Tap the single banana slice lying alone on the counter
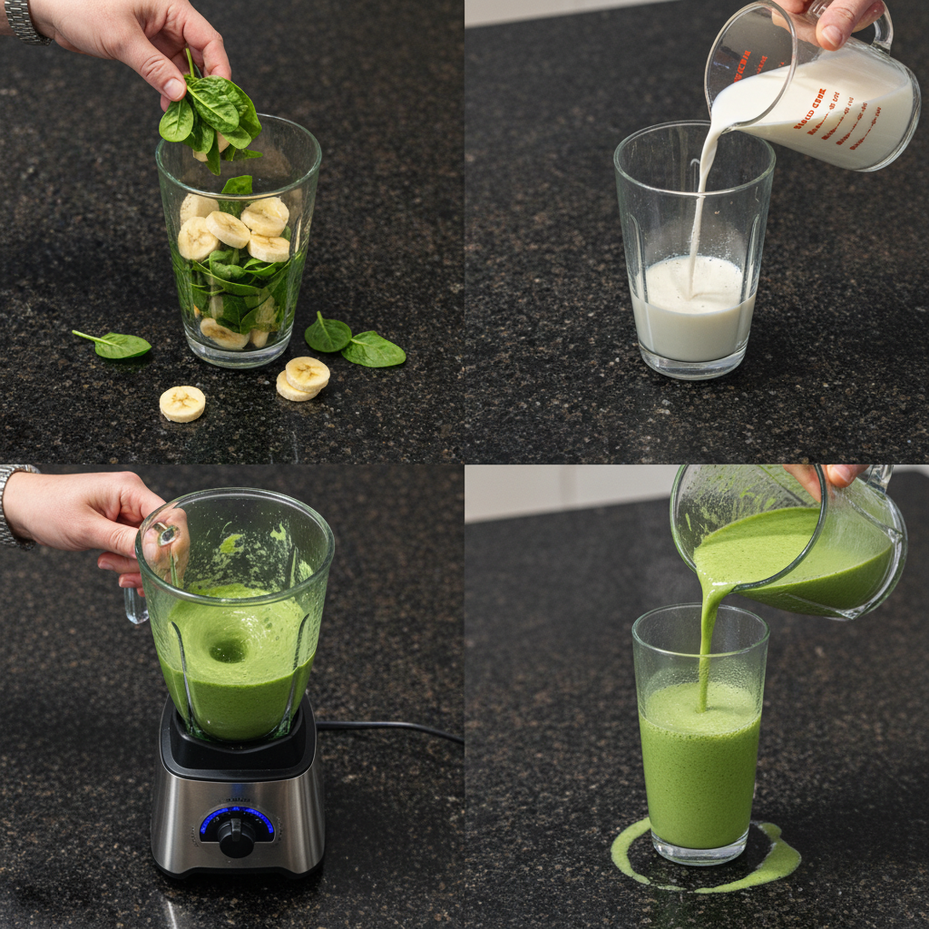(x=182, y=404)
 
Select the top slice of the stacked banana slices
(x=308, y=372)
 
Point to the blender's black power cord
(x=390, y=726)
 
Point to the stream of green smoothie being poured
(x=707, y=635)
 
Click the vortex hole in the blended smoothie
(x=227, y=650)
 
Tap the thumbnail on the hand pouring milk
(x=832, y=35)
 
